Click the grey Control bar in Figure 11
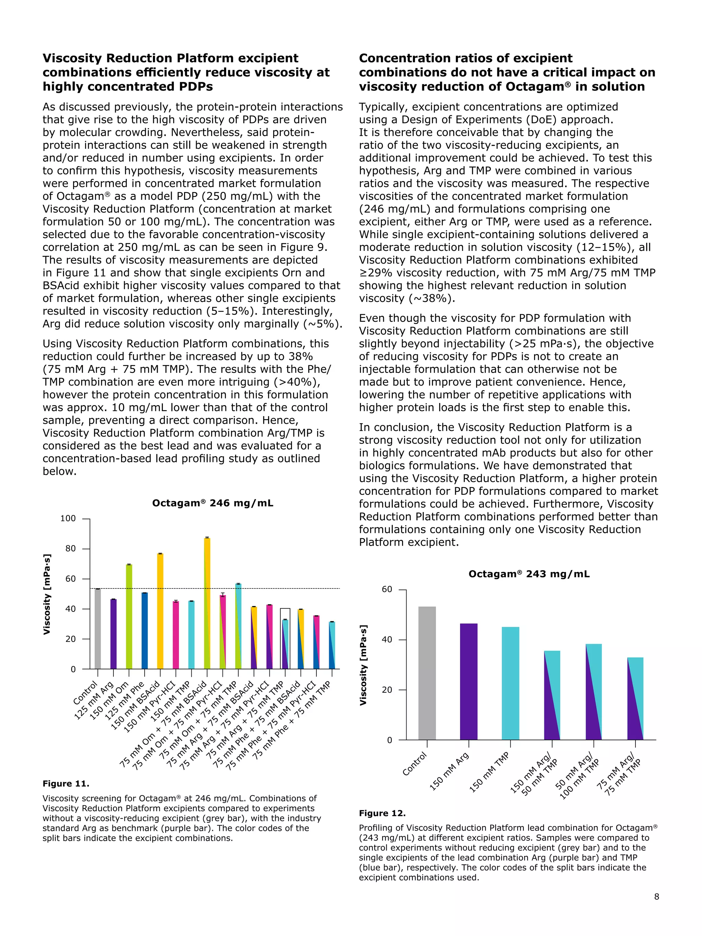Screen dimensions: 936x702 (x=98, y=629)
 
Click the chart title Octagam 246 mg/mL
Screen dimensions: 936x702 (x=213, y=503)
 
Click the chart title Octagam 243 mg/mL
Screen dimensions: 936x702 (x=529, y=574)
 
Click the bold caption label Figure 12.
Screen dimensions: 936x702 (x=382, y=813)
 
